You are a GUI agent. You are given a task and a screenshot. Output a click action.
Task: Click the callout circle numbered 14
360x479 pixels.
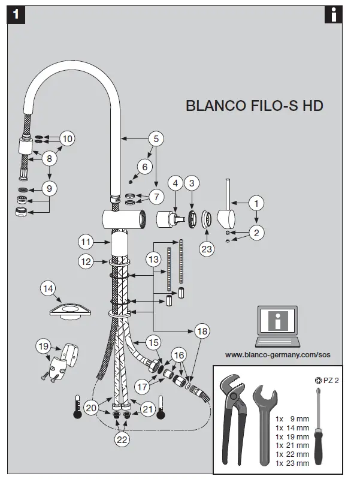coord(49,289)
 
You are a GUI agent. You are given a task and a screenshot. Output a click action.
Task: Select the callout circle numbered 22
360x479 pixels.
coord(122,439)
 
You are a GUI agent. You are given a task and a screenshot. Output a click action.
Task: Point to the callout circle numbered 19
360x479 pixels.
coord(43,346)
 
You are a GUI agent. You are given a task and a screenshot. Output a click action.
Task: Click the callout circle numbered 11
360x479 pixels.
coord(86,242)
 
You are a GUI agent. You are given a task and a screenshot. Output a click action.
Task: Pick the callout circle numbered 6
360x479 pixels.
coord(144,166)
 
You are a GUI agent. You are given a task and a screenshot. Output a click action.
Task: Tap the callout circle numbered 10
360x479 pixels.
coord(67,138)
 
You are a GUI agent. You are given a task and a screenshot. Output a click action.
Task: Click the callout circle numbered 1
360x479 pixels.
coord(256,203)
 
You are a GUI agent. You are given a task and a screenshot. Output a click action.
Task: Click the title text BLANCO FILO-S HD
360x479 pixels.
coord(255,106)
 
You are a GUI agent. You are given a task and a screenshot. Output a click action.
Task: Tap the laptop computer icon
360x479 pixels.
coord(276,326)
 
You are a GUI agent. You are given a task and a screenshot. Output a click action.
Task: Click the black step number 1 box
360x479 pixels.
coord(17,16)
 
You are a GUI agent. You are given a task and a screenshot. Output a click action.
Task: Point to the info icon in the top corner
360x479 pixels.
coord(332,15)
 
